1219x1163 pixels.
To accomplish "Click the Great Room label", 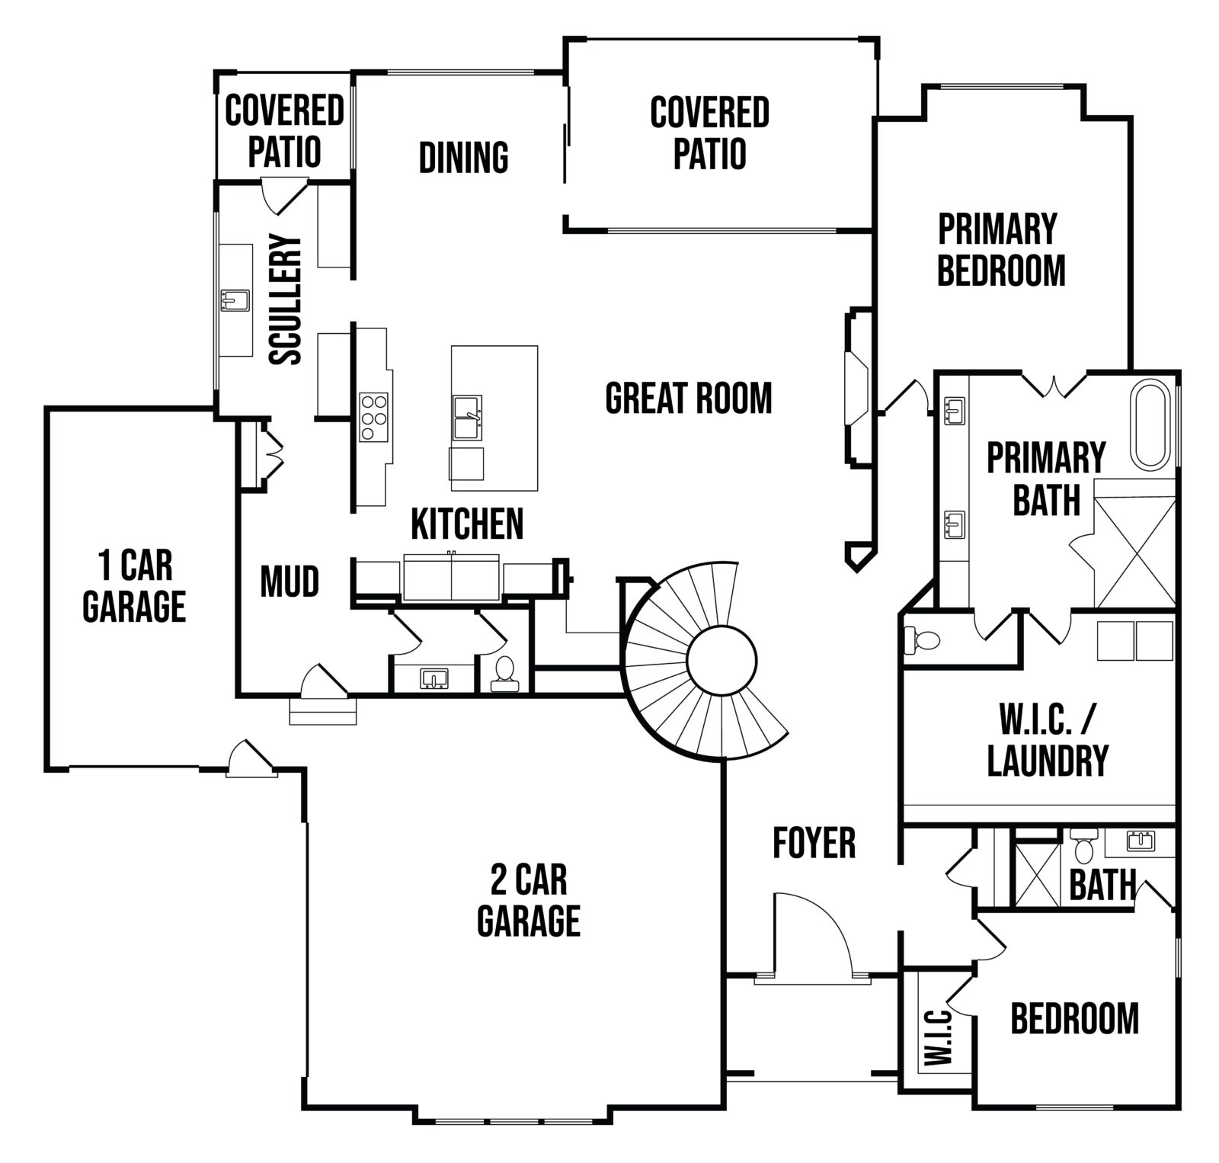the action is [688, 398].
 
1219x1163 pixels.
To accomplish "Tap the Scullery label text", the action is [286, 300].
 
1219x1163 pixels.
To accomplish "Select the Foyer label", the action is [814, 842].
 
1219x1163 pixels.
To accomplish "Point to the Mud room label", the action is [290, 581].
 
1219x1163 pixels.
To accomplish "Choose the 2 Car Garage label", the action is [529, 899].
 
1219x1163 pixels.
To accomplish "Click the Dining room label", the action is [463, 157].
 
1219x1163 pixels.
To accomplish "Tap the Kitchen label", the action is [467, 524].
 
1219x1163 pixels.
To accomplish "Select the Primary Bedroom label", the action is [1000, 250].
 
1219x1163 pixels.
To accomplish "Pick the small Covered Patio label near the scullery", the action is [284, 131].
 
